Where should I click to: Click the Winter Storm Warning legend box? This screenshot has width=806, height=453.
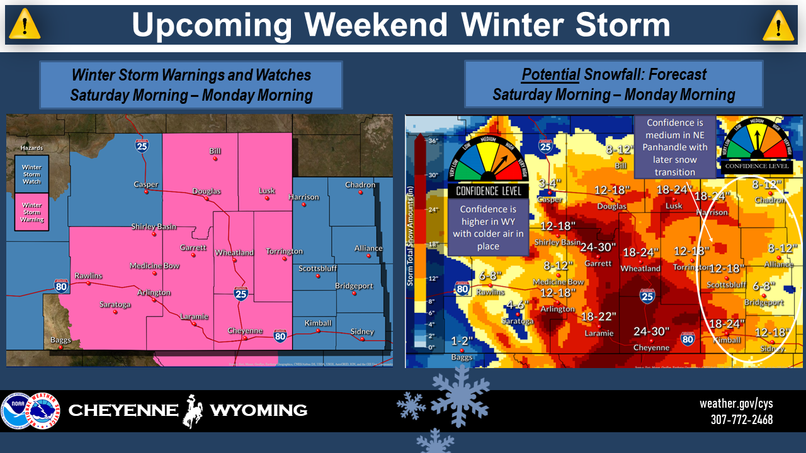click(x=32, y=212)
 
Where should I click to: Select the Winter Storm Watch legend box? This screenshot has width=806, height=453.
click(x=32, y=174)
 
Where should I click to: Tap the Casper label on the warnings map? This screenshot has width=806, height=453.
click(x=146, y=184)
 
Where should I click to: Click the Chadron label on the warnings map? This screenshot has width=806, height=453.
click(x=360, y=185)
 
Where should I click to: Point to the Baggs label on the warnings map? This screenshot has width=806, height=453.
click(x=60, y=340)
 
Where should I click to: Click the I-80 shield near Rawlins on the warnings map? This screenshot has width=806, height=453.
click(x=61, y=286)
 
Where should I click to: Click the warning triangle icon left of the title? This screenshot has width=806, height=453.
click(x=25, y=25)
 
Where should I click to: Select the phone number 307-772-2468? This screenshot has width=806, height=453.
click(x=741, y=420)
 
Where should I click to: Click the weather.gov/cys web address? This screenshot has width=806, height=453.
click(x=736, y=404)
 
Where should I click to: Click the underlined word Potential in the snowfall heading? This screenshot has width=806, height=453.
click(x=551, y=75)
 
